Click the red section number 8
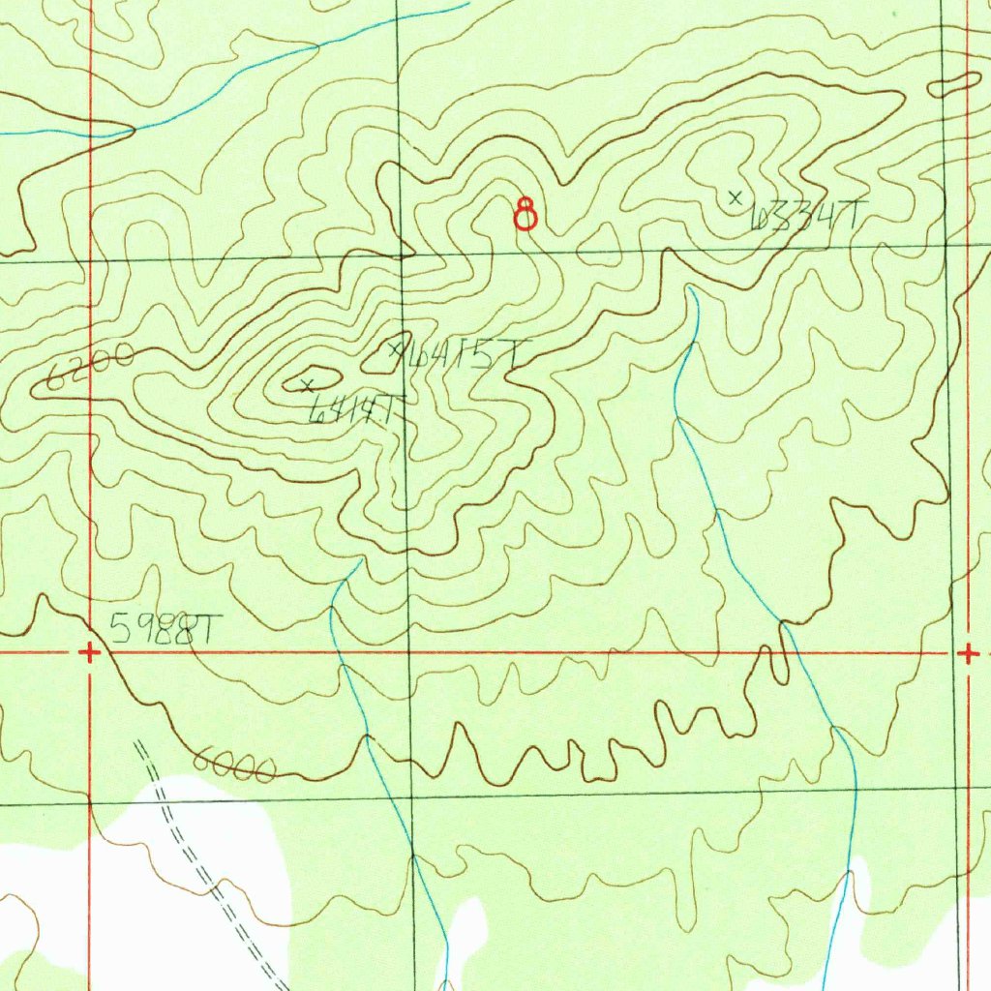pos(526,213)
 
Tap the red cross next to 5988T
pos(89,653)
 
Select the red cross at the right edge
pos(968,654)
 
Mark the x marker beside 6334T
pos(736,197)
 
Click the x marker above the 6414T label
pos(308,386)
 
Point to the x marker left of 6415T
pos(395,349)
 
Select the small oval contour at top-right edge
pos(954,85)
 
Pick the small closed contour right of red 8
pos(600,242)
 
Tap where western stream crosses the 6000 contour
pos(368,737)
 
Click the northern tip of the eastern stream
pos(689,287)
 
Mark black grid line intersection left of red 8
pos(403,257)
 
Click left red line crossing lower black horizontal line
pos(90,802)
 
